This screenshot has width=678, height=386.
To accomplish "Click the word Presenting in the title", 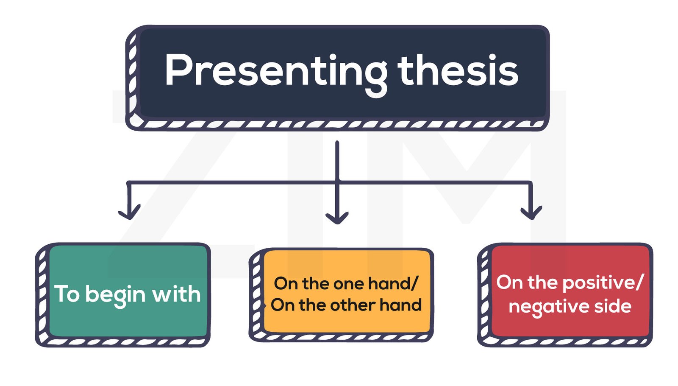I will click(275, 71).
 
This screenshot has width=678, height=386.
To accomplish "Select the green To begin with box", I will click(127, 294).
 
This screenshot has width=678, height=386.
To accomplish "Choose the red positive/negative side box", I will click(570, 294).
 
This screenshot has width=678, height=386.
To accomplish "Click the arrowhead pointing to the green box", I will click(129, 212).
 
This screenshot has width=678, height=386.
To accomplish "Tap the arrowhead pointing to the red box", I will click(531, 212).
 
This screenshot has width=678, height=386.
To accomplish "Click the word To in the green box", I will click(67, 294).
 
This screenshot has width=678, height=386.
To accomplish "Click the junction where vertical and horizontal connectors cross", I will click(337, 183).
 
